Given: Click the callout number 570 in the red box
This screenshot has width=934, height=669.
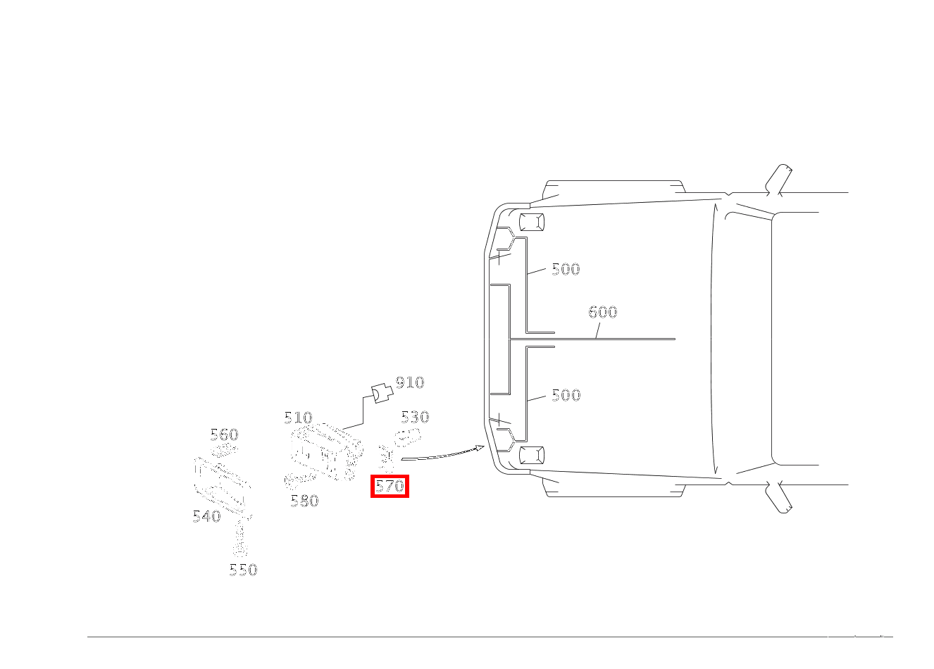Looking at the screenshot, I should (x=390, y=486).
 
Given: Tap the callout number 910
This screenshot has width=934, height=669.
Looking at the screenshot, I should (x=409, y=382).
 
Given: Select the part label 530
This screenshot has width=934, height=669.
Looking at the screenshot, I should (x=415, y=417).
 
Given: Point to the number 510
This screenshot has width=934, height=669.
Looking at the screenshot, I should (x=298, y=418).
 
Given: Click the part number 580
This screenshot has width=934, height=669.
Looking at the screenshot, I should (x=304, y=501).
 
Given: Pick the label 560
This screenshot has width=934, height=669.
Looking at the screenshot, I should (x=224, y=434).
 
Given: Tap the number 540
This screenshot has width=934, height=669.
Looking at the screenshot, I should (x=206, y=516).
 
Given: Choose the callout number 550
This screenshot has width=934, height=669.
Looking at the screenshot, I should (x=243, y=570).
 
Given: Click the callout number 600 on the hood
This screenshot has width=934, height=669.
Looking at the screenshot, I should (x=603, y=312).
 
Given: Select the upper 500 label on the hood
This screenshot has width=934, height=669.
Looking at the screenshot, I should (x=566, y=269).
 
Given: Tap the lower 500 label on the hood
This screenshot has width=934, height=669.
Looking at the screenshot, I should (x=566, y=395).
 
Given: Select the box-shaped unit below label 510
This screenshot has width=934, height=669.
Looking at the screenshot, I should (x=324, y=451).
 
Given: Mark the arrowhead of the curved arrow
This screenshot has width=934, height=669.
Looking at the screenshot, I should (x=480, y=447).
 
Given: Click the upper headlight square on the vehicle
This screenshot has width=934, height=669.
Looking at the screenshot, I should (x=531, y=223).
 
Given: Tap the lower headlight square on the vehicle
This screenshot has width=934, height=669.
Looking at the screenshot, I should (x=531, y=455).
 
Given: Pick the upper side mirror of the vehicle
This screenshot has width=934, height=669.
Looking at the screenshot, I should (x=778, y=180).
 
